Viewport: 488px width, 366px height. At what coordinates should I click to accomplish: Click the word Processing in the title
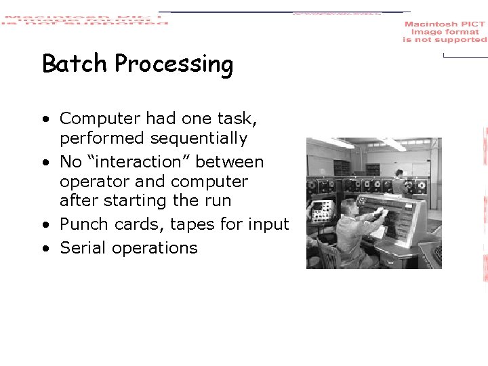[174, 65]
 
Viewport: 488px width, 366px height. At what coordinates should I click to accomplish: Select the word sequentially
[199, 139]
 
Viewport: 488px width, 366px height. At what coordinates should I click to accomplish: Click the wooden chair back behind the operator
[330, 255]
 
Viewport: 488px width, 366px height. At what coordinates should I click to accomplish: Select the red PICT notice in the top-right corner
[445, 32]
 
